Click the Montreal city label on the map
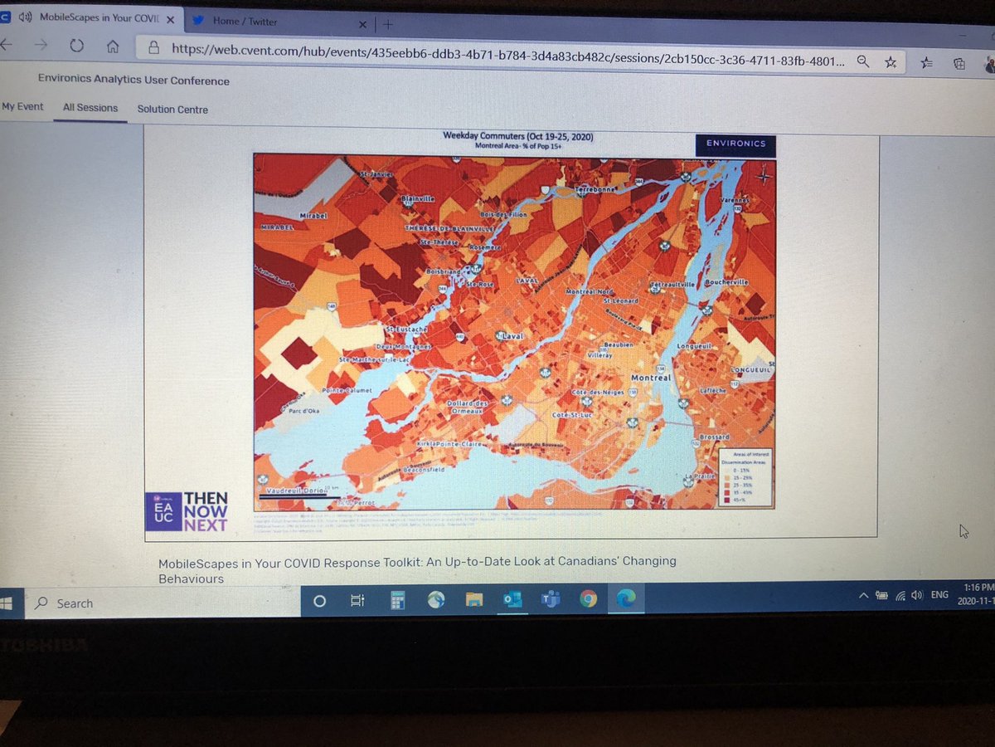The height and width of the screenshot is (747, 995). coord(650,377)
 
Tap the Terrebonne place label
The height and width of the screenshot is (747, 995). coord(598,189)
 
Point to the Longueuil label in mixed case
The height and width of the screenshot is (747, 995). coord(696,345)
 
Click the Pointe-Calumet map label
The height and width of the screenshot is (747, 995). coord(348,390)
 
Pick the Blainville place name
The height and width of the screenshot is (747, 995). coord(418,199)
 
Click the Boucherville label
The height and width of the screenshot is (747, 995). coord(726,282)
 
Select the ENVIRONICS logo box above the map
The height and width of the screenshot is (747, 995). coord(735,144)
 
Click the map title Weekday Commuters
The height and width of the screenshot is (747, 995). coord(518,136)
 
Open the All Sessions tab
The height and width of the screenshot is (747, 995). coord(90,108)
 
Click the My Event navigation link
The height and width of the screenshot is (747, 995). coord(22,107)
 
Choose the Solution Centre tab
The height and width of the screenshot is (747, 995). coord(172,109)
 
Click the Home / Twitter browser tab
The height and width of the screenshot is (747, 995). coord(245,22)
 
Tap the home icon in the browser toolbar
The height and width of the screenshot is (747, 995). coord(113,47)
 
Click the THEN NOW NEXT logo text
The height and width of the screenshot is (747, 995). coord(206,511)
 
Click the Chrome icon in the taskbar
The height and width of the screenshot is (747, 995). coord(589,599)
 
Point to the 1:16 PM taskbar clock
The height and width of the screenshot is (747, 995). coord(978,587)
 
